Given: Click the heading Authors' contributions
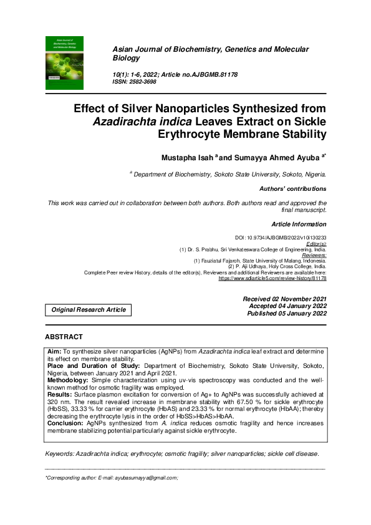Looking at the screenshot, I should point(292,188).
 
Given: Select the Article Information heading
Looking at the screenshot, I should point(298,224).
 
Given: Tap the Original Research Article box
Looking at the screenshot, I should point(88,309).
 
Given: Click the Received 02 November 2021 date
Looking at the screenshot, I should point(284,299).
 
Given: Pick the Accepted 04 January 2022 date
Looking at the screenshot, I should point(287,306).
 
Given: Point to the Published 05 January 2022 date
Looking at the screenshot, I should point(286,314).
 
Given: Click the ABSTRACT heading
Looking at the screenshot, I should point(64,337).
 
